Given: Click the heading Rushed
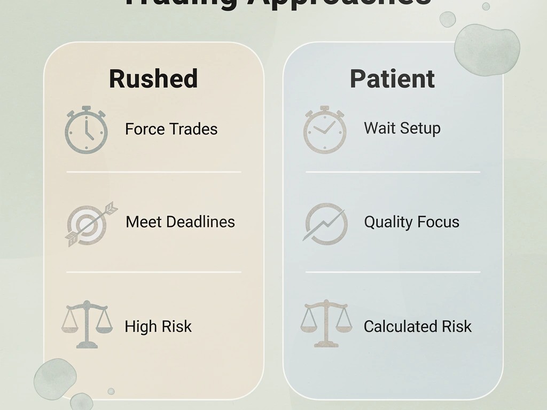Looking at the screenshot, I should (153, 78).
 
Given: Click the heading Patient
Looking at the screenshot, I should (392, 78).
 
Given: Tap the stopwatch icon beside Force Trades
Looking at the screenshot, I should (86, 130).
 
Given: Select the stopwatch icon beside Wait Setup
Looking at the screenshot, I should (325, 130).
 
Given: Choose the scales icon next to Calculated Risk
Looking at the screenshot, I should (326, 324).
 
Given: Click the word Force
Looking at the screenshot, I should (143, 129).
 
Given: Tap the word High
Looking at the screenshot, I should (140, 327).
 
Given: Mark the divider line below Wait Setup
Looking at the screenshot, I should (393, 172).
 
